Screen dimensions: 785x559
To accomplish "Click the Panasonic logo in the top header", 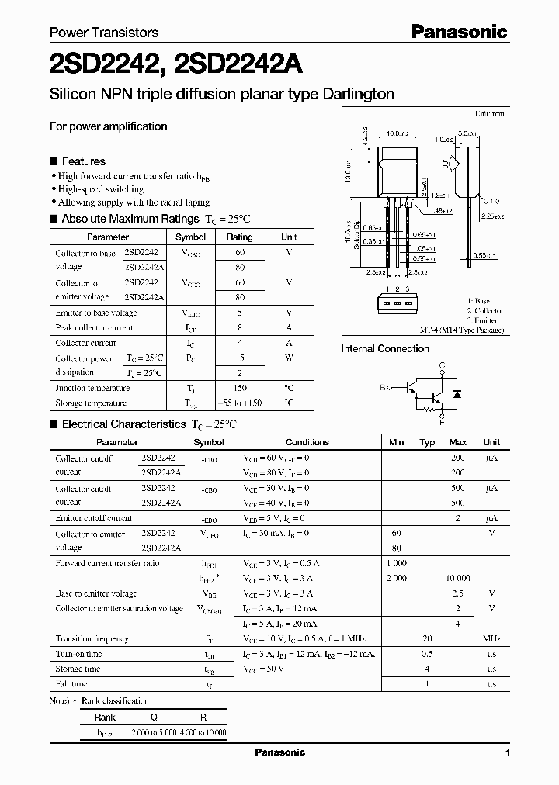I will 459,32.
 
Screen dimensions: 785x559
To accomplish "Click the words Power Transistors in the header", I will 104,33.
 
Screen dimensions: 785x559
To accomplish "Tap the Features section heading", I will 83,161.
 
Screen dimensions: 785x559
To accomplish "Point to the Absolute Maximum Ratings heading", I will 132,219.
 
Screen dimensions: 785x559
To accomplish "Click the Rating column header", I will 239,237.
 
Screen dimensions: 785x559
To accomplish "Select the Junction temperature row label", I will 92,388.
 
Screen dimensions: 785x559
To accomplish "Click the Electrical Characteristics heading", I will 124,424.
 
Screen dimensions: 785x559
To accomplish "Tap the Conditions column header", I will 307,442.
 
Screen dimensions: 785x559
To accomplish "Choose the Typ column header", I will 427,442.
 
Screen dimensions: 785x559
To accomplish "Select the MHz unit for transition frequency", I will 491,639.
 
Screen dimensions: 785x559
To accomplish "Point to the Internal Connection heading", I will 385,349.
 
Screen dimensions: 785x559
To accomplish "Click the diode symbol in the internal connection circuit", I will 457,394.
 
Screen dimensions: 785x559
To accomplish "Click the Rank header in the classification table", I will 105,718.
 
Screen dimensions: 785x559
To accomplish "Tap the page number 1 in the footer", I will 507,753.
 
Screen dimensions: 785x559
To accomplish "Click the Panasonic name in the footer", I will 280,752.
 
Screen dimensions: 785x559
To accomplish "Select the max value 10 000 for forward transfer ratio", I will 457,579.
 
